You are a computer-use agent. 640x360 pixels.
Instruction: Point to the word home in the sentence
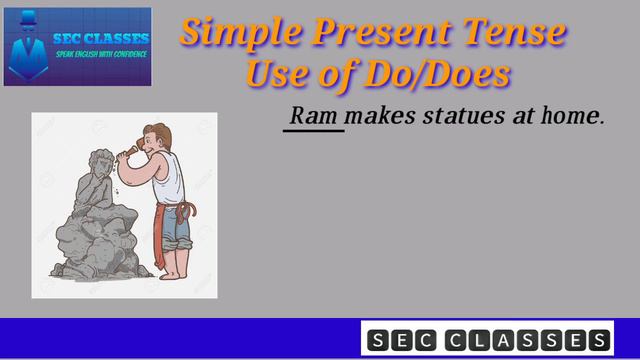pos(574,117)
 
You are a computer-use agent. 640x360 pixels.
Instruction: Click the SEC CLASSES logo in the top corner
pos(78,45)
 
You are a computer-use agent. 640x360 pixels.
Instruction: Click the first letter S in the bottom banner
pos(377,340)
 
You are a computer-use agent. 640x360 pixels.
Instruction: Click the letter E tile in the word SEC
pos(402,340)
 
